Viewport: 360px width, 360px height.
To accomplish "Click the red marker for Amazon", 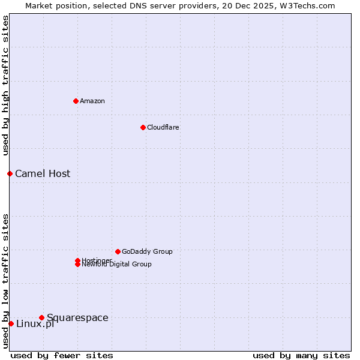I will [x=76, y=101].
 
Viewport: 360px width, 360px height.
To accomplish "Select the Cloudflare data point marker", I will [x=143, y=127].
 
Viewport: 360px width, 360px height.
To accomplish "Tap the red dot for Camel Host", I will [x=10, y=173].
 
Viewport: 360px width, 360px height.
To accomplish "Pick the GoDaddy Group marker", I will [x=118, y=251].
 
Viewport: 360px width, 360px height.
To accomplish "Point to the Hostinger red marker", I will [x=77, y=260].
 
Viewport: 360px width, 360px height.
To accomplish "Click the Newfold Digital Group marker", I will [x=77, y=264].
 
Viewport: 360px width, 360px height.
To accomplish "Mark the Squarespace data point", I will [x=41, y=317].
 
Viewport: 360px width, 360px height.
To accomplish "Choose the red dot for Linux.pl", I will [x=11, y=323].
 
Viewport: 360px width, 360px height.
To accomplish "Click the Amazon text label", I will [x=92, y=101].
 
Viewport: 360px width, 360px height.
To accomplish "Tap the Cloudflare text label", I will [x=163, y=127].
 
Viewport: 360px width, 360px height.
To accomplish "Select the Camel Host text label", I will [x=43, y=173].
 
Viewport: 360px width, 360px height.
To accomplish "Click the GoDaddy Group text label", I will [x=147, y=251].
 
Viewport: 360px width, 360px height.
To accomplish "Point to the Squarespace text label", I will [x=77, y=317].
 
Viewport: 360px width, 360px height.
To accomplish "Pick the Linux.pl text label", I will [x=35, y=324].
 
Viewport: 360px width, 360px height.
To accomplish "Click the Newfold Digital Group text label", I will [x=117, y=265].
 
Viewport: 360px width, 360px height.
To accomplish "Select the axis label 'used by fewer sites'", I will [x=62, y=355].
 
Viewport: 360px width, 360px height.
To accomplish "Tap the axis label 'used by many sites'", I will [x=301, y=355].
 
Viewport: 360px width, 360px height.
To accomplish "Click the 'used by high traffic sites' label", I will [x=5, y=85].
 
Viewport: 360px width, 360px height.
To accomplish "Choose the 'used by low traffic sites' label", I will [x=5, y=280].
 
